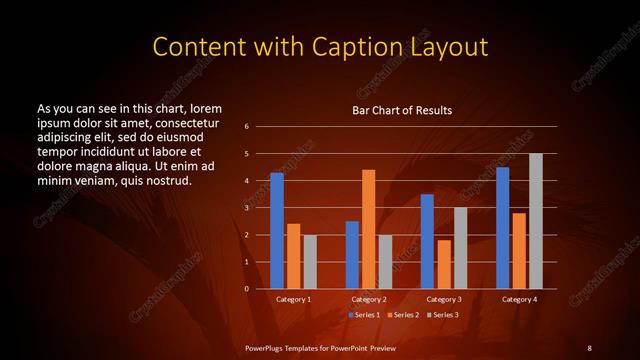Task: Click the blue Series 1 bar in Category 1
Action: [276, 231]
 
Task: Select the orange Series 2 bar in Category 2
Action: [368, 229]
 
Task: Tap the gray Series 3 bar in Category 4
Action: [535, 221]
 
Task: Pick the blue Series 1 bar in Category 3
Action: [427, 241]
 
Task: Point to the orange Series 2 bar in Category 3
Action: [444, 264]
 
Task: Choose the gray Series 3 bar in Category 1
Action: [310, 262]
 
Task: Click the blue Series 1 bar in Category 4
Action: [502, 228]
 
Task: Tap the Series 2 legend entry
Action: [404, 316]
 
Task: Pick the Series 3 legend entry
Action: [444, 316]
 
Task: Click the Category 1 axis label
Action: [293, 299]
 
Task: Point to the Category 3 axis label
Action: [444, 299]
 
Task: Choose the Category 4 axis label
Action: [519, 299]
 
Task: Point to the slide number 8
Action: [589, 346]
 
